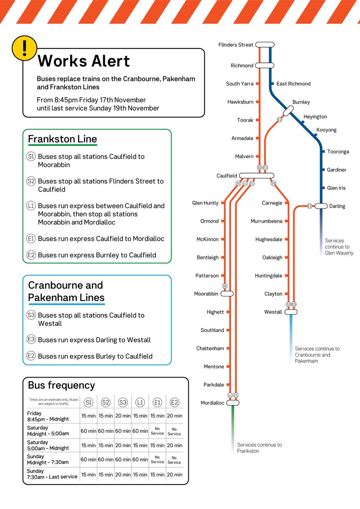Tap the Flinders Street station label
coord(236,45)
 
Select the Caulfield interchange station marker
coord(256,176)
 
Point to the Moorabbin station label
coord(206,294)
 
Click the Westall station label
coord(273,312)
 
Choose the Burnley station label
coord(301,102)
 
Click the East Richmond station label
coord(293,84)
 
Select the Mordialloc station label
coord(212,403)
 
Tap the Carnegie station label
coord(272,203)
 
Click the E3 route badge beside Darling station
coord(309,206)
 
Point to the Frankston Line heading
coord(62,139)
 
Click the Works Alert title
coord(84,62)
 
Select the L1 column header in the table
coord(140,403)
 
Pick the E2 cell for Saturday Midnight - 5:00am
coord(174,431)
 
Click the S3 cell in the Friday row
coord(123,416)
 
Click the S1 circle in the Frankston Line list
coord(31,157)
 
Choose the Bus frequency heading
coord(61,385)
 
